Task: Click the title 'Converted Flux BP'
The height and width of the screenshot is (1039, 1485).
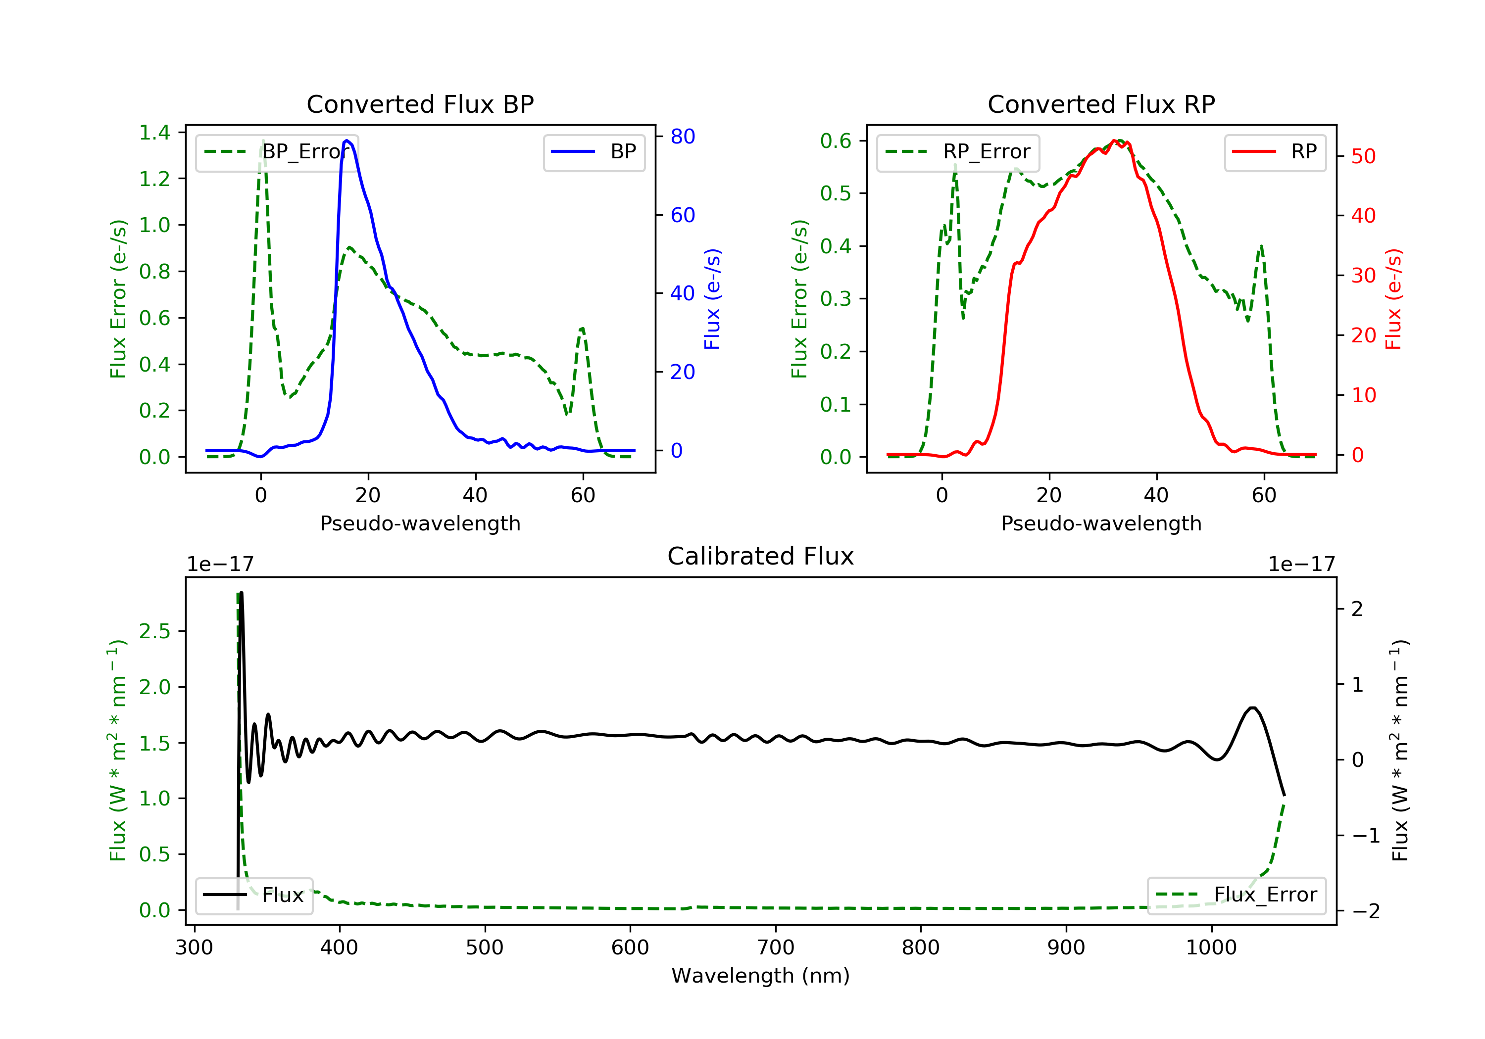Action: click(420, 104)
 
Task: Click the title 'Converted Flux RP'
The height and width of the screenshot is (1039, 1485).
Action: click(1101, 104)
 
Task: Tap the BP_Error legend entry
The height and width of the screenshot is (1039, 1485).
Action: click(277, 152)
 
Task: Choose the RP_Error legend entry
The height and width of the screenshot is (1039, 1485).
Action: click(958, 152)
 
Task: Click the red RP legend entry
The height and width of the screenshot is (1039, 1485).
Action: click(1275, 152)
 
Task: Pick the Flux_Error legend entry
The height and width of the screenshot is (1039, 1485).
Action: click(1236, 895)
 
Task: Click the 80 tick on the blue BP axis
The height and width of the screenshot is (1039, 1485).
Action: click(682, 137)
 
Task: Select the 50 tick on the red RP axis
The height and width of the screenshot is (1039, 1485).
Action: click(1363, 156)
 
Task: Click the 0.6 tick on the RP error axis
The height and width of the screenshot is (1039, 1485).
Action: click(836, 141)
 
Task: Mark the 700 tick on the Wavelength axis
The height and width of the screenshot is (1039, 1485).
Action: click(776, 948)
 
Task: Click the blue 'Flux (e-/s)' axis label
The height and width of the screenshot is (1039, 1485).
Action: click(712, 299)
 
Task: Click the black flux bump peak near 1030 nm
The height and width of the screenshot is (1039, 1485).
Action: click(1253, 708)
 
